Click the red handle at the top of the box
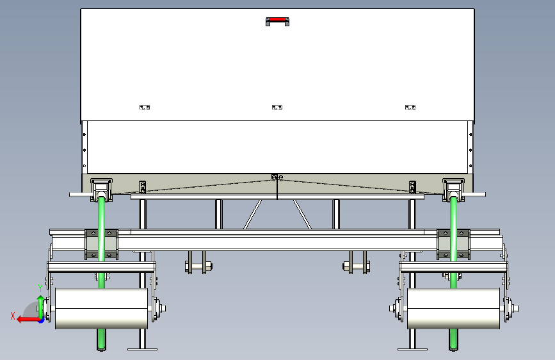[x=277, y=20]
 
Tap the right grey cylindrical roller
[x=453, y=309]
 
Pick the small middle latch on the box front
[x=277, y=107]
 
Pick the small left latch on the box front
[x=144, y=107]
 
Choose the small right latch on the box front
[x=410, y=107]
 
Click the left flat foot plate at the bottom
[x=142, y=348]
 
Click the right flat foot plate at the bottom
[x=412, y=348]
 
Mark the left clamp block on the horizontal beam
[x=101, y=243]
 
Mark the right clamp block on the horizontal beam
[x=453, y=243]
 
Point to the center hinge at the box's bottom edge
[x=277, y=177]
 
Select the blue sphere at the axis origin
[x=41, y=319]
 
